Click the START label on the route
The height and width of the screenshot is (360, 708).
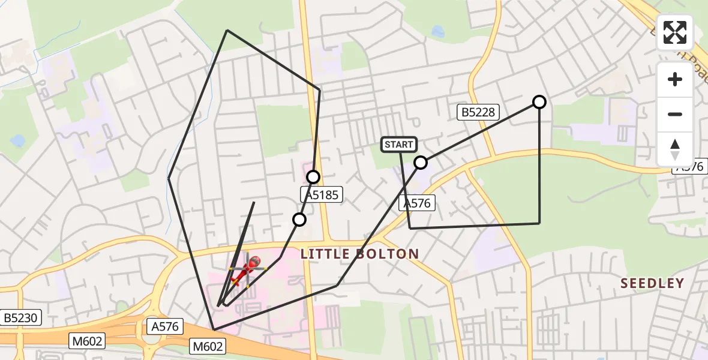[x=399, y=144]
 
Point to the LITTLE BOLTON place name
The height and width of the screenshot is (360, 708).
[x=359, y=254]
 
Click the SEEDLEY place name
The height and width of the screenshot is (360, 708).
[x=652, y=283]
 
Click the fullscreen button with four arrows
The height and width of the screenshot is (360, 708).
[x=675, y=32]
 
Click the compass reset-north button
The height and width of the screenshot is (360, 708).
[x=675, y=149]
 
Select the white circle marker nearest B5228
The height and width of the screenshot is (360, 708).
[x=539, y=102]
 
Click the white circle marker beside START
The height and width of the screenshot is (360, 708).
[x=421, y=163]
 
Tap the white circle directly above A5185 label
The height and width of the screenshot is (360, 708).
[x=313, y=176]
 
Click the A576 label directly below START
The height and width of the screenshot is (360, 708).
[x=417, y=203]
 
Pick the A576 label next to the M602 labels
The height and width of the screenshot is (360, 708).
[x=165, y=326]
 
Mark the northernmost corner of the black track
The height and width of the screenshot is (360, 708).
[x=227, y=30]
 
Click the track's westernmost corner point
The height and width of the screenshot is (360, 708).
[x=169, y=178]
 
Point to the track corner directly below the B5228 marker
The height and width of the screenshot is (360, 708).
[x=539, y=223]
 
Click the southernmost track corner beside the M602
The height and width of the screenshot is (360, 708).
[x=214, y=329]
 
